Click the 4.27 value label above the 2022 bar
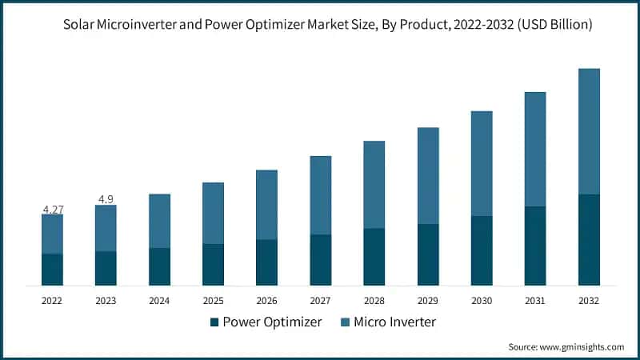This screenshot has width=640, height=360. click(53, 210)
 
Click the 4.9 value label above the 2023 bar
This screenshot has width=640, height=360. click(106, 198)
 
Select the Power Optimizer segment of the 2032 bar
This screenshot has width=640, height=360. click(589, 239)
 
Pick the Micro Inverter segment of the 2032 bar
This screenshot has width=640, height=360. click(589, 131)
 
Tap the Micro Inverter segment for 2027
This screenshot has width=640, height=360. click(321, 195)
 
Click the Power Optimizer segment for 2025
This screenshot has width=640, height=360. click(213, 265)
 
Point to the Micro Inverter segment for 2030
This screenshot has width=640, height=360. click(482, 163)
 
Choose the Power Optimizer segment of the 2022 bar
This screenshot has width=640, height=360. click(53, 270)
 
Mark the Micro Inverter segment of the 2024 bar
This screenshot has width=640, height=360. click(159, 221)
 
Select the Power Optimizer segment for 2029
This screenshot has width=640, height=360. click(428, 254)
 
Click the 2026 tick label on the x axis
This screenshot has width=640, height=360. click(266, 301)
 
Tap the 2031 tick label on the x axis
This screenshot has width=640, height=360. click(535, 301)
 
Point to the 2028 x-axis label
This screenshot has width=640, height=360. click(374, 301)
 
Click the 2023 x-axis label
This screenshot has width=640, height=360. click(106, 301)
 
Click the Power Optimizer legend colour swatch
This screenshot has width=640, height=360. click(214, 322)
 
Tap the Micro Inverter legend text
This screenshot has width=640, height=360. click(394, 322)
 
